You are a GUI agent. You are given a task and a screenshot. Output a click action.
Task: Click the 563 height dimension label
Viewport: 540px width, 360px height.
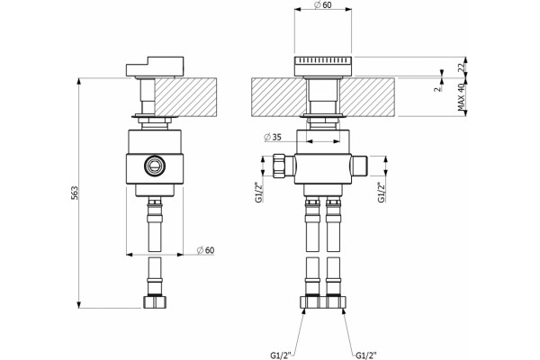(75, 193)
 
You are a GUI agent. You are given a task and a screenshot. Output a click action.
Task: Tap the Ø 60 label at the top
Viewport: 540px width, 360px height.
(323, 4)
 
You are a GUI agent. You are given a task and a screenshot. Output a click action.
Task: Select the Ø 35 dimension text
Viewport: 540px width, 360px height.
(273, 137)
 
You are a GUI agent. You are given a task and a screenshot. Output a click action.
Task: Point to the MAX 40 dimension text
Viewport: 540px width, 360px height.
(462, 97)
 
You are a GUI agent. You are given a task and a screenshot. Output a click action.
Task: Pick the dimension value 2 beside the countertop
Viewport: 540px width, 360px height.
(437, 88)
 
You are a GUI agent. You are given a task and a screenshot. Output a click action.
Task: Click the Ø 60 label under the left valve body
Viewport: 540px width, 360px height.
(205, 250)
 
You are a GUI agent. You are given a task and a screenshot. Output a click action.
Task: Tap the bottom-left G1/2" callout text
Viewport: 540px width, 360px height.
(281, 355)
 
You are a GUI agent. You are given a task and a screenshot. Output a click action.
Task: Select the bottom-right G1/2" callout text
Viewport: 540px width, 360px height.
(366, 355)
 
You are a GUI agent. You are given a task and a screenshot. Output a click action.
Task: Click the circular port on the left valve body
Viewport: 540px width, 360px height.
(154, 166)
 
